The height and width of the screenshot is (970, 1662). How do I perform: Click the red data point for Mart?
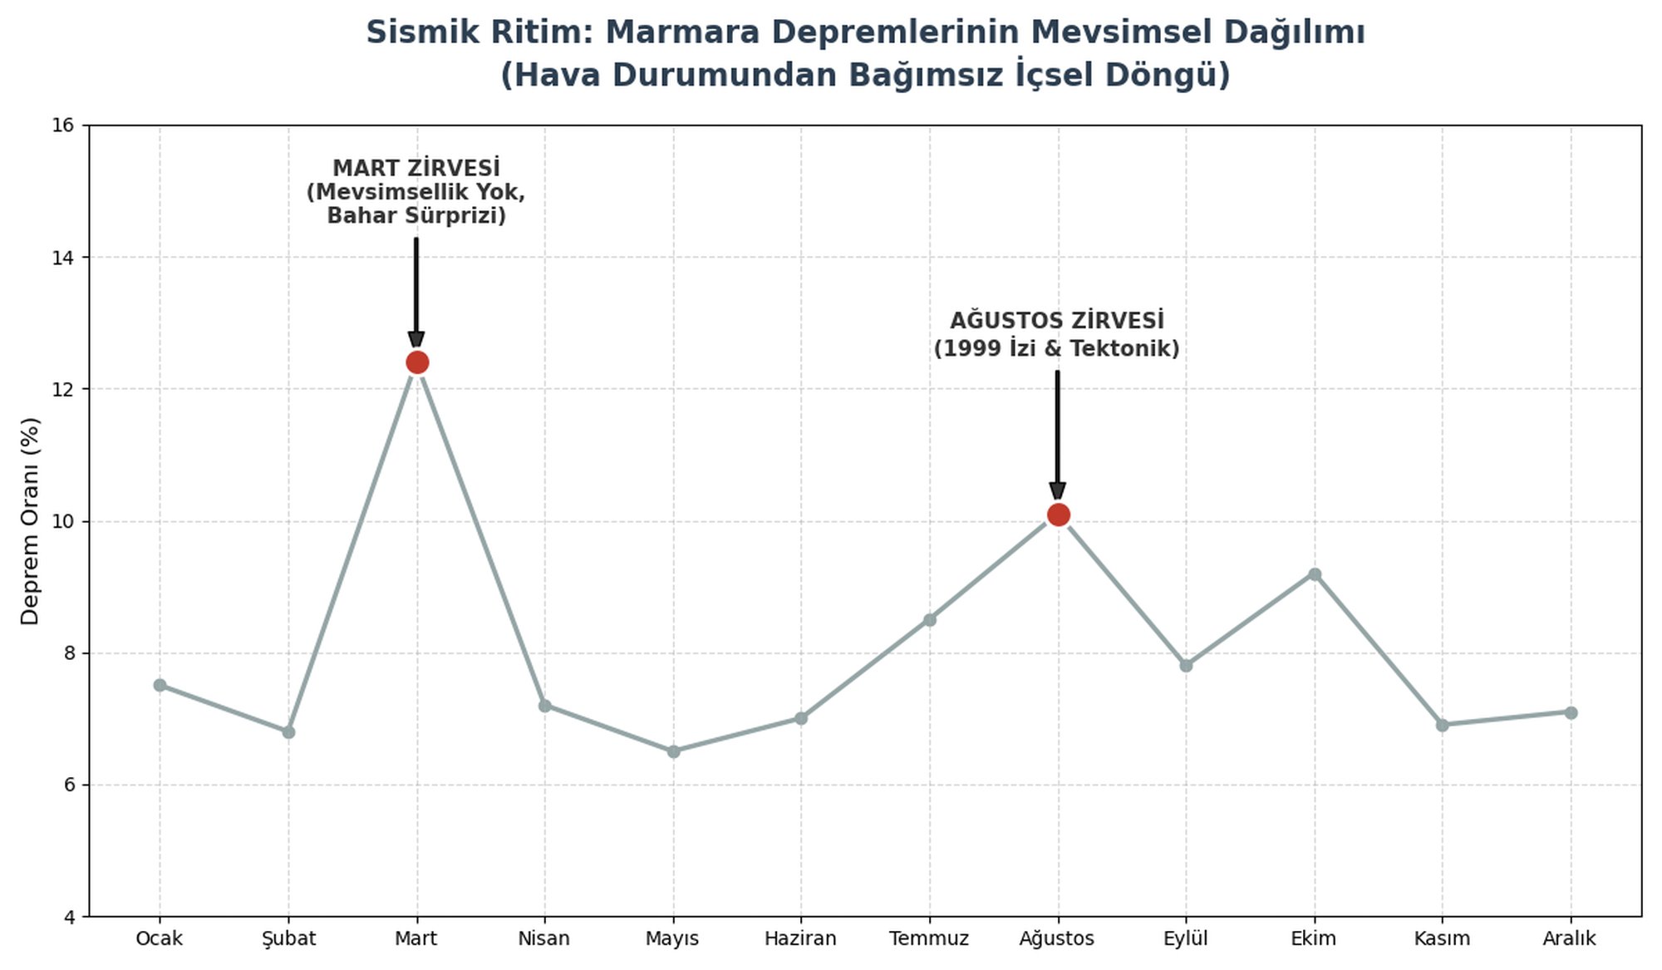point(417,362)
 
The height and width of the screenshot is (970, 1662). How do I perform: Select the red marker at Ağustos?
point(1058,515)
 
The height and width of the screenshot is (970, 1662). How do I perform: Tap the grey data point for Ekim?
point(1315,574)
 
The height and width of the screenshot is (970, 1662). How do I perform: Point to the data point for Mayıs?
point(673,751)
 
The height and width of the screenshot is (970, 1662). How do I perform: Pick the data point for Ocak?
point(160,685)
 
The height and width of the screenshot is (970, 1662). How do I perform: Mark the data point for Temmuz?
point(930,619)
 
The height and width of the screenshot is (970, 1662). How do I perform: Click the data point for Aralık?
point(1571,712)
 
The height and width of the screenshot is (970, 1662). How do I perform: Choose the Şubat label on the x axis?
point(288,939)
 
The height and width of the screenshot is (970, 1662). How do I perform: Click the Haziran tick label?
point(801,938)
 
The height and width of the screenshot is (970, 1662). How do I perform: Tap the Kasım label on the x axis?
point(1442,938)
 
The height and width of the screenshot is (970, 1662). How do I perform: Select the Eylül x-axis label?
point(1186,939)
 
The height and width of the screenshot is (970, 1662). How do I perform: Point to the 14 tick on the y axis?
point(63,258)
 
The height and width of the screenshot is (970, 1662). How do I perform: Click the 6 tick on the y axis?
point(69,785)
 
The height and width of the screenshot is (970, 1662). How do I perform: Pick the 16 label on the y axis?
point(63,126)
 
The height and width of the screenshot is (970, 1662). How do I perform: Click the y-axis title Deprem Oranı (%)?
point(30,521)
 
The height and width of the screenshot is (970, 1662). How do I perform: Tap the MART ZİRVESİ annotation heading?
point(416,168)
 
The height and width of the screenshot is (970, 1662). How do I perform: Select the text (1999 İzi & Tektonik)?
point(1057,348)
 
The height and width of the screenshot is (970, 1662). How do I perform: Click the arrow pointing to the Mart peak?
point(416,293)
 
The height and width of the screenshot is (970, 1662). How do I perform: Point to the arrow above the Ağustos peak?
point(1058,436)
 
